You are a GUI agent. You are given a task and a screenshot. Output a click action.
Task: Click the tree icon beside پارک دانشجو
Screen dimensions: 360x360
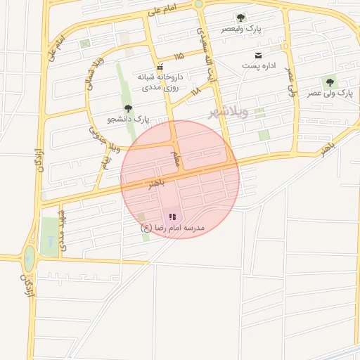[128, 108]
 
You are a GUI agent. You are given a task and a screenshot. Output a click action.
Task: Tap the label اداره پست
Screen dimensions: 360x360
[260, 65]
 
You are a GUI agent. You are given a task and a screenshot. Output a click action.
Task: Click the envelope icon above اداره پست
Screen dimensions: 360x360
[258, 55]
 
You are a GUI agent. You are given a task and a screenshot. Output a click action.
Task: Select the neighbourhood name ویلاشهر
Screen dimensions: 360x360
[229, 112]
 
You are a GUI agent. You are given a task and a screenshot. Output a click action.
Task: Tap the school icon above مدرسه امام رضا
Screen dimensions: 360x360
[173, 217]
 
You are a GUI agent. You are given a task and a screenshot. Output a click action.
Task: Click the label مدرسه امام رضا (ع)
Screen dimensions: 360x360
[172, 228]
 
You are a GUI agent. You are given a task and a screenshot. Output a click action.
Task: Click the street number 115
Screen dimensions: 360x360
[179, 56]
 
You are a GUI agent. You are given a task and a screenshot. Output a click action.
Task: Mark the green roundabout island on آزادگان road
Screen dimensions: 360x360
[29, 257]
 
